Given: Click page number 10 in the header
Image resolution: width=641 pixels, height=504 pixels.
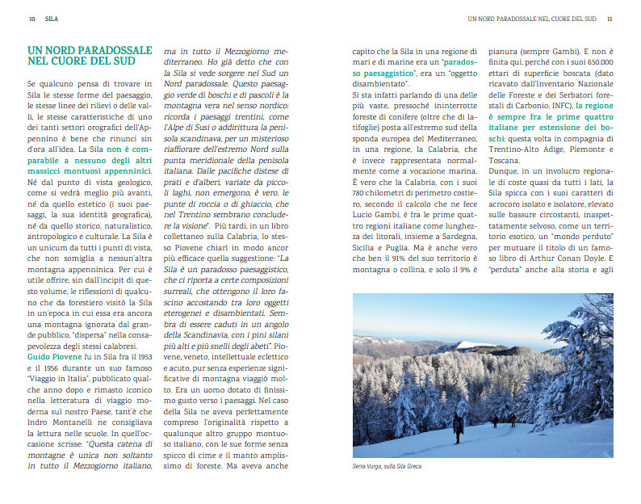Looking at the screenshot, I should (31, 19).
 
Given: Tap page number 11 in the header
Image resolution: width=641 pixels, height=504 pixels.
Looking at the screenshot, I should (610, 19).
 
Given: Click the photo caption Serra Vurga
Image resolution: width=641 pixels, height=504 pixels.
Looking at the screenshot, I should (388, 466).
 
